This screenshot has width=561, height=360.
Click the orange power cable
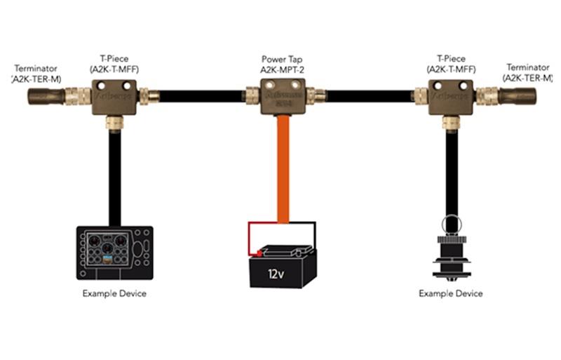pyautogui.click(x=283, y=168)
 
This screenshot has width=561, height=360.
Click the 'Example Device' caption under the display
pyautogui.click(x=114, y=293)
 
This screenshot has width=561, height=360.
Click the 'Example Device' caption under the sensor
pyautogui.click(x=451, y=293)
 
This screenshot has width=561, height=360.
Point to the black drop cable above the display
pyautogui.click(x=114, y=175)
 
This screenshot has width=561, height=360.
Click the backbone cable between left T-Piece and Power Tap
pyautogui.click(x=200, y=95)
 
